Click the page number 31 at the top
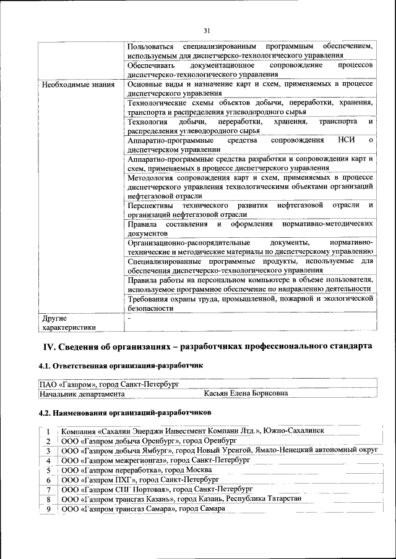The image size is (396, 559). [x=207, y=30]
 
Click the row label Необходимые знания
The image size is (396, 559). [x=78, y=84]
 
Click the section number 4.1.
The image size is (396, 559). [x=46, y=366]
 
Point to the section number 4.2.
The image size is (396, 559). [x=46, y=411]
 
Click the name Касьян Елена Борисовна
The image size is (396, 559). [x=246, y=393]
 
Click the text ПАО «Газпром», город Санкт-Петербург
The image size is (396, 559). [x=109, y=384]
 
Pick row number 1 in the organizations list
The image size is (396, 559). [x=48, y=431]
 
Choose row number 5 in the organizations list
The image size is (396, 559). [x=48, y=469]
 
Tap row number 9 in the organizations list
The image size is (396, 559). [x=48, y=508]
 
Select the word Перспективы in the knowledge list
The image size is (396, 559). [x=150, y=205]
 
